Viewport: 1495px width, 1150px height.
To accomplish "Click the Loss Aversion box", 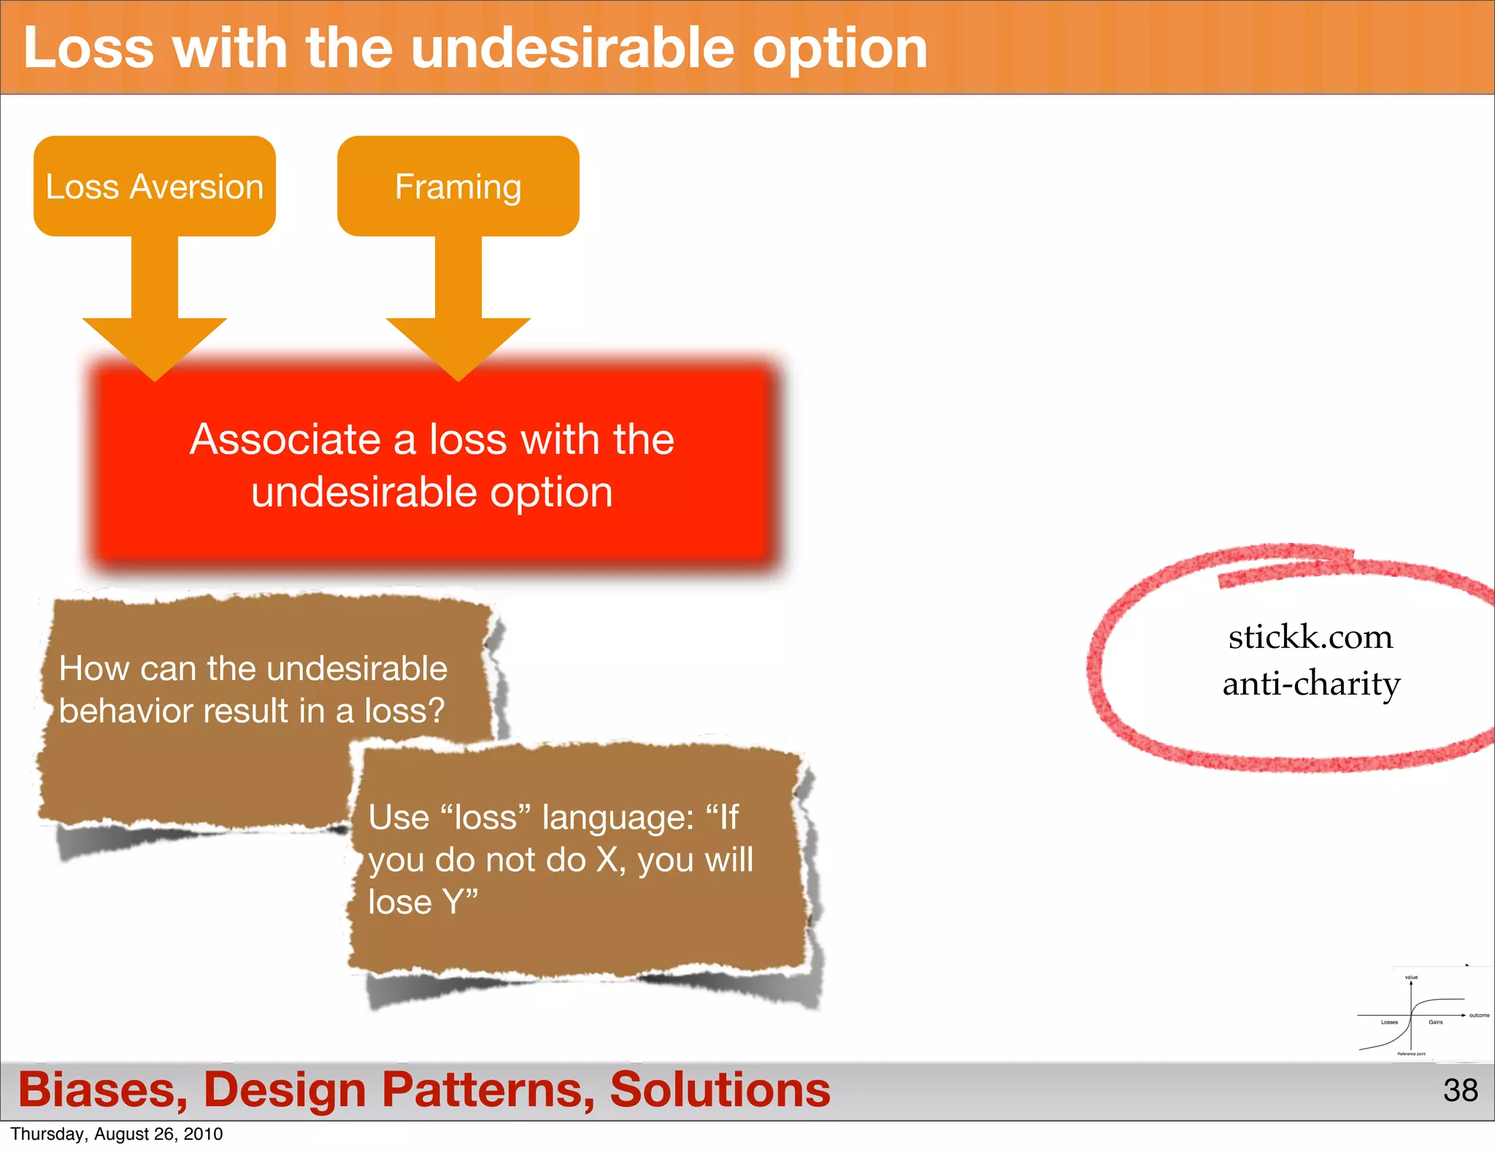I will [x=154, y=186].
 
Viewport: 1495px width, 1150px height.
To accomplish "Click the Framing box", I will [x=458, y=186].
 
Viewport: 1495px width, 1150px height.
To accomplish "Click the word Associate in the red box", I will [x=285, y=439].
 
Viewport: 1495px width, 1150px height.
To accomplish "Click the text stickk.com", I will [x=1310, y=637].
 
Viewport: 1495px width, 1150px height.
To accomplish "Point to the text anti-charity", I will [x=1311, y=684].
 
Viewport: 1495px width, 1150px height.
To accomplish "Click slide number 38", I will [x=1460, y=1090].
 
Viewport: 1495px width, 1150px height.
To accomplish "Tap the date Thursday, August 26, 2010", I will [x=117, y=1134].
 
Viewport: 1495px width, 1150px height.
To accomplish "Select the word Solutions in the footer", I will [x=720, y=1089].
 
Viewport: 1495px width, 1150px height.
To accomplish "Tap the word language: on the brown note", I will [x=618, y=817].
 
